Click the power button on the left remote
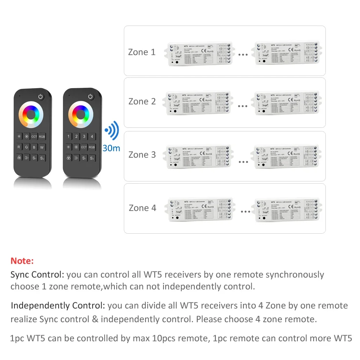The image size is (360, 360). coord(40,96)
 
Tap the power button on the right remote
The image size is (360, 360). coord(90,96)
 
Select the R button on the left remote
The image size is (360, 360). coord(19,147)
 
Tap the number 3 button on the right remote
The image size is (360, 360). coord(84,136)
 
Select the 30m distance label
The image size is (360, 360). coord(111,148)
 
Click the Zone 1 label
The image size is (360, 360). coord(142,52)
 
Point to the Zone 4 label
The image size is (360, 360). coord(143,208)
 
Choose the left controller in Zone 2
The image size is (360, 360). coord(199,103)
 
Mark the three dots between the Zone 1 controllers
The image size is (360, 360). coord(243,55)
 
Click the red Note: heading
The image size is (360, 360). coord(22,261)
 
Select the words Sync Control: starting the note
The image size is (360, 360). coord(37,275)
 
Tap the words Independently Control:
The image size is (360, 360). coord(58,306)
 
